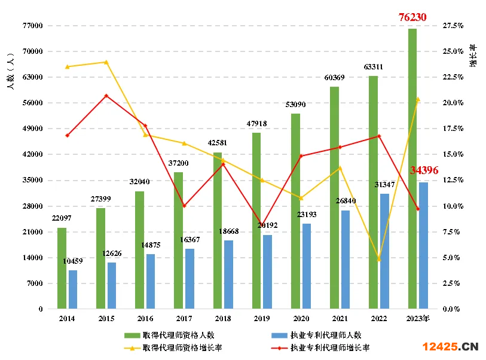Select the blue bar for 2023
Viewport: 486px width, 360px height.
[x=423, y=245]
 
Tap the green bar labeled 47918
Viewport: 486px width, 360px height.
[x=256, y=221]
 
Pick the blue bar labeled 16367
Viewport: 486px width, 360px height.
[x=189, y=279]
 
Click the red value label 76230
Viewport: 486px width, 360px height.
[x=412, y=17]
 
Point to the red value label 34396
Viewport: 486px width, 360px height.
[x=424, y=170]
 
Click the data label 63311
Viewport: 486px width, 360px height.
[x=374, y=66]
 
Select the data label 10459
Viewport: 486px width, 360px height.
[x=73, y=261]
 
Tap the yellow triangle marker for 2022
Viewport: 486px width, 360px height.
[x=378, y=259]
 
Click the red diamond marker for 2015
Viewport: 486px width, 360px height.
[x=106, y=96]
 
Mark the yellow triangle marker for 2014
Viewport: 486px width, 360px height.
[x=67, y=66]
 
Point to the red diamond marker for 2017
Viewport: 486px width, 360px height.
[x=184, y=206]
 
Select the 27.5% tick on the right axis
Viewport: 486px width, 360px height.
[x=453, y=26]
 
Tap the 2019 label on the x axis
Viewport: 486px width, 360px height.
[x=261, y=319]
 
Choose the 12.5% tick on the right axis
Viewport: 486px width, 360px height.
[x=453, y=180]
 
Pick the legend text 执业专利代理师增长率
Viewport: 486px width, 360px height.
[x=329, y=347]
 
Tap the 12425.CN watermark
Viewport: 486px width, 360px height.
[x=451, y=346]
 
